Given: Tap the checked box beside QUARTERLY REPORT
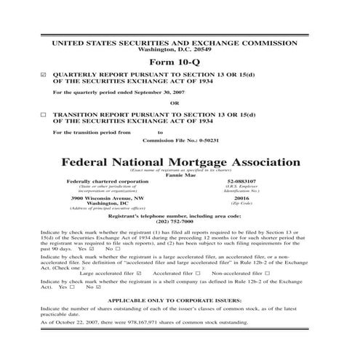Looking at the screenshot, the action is tap(44, 76).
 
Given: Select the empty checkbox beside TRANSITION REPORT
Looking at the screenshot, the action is tap(44, 115).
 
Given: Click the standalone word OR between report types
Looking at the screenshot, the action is tap(174, 103).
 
